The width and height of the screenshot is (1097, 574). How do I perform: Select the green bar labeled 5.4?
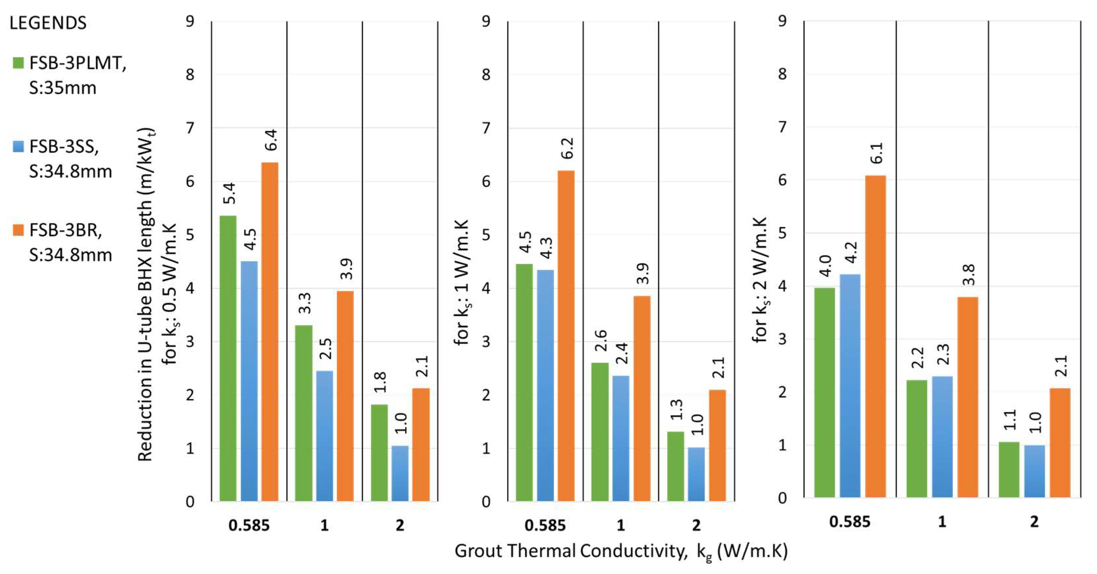[228, 358]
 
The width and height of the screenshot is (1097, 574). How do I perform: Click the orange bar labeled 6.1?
[876, 336]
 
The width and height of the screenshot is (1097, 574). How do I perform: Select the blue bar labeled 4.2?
[850, 386]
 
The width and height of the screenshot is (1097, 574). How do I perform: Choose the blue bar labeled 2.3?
[942, 436]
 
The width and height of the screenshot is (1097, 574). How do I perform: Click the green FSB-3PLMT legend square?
[18, 64]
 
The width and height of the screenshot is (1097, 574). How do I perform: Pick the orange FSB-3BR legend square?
[18, 230]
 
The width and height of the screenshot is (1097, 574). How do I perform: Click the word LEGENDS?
[48, 23]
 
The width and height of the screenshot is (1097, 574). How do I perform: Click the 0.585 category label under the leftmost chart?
[249, 525]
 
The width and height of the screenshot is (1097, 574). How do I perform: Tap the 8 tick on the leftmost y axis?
[190, 75]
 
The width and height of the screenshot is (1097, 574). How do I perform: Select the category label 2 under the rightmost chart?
[1034, 522]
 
